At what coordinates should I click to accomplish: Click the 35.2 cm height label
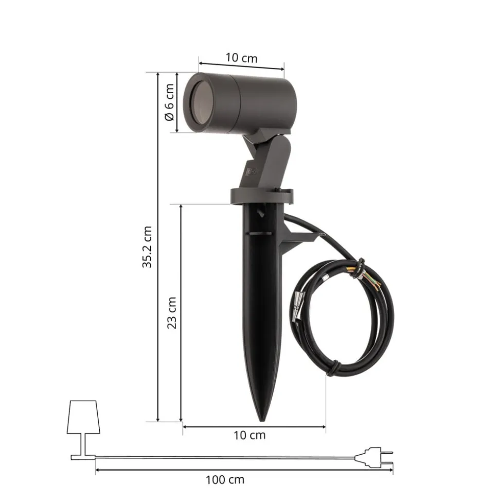[148, 247]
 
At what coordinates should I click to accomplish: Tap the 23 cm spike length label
[172, 313]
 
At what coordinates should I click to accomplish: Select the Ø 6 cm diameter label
[169, 102]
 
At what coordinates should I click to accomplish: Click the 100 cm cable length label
[225, 480]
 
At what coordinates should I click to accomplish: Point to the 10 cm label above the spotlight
[241, 58]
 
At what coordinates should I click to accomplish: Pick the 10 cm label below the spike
[250, 435]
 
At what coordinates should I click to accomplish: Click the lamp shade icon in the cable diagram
[83, 417]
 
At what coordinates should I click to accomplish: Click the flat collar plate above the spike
[261, 195]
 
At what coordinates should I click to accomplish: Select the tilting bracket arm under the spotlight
[273, 160]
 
